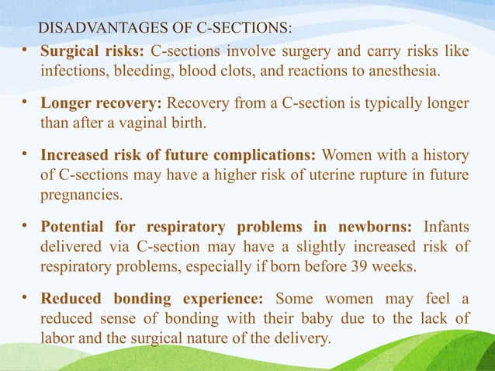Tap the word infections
click(74, 72)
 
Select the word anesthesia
click(402, 72)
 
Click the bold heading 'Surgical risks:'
click(92, 52)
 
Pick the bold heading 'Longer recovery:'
click(102, 103)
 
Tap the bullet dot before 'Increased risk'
click(25, 154)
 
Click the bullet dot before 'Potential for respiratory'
click(25, 226)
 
